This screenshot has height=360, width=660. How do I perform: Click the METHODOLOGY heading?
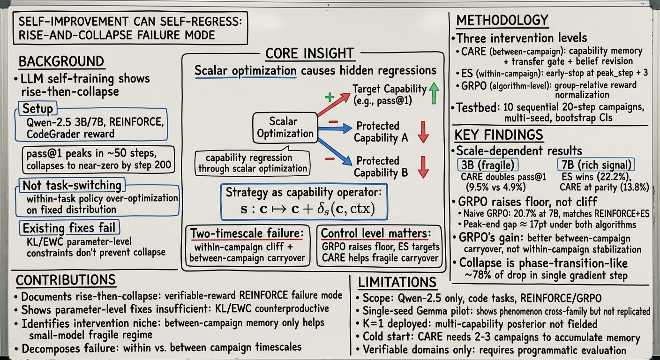502,21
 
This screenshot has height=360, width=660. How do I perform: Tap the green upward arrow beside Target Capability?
434,93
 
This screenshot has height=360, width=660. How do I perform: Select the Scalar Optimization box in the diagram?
285,127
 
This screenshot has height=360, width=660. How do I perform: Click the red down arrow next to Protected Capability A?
423,132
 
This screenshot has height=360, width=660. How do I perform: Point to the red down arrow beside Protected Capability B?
423,167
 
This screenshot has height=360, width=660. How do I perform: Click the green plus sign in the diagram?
330,97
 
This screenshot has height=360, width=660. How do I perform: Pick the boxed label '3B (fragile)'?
487,165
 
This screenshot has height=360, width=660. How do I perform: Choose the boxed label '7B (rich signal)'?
596,165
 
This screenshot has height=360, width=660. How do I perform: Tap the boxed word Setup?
37,109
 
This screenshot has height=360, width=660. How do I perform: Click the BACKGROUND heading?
61,61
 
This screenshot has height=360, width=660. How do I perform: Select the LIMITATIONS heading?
397,282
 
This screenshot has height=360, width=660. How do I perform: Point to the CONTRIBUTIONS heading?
66,280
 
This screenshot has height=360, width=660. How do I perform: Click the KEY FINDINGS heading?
499,135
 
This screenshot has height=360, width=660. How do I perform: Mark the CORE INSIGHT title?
309,53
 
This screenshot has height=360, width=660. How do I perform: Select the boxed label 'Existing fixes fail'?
69,228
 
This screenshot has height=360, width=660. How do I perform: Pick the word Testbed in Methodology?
476,108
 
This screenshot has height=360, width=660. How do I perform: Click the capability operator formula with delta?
307,209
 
